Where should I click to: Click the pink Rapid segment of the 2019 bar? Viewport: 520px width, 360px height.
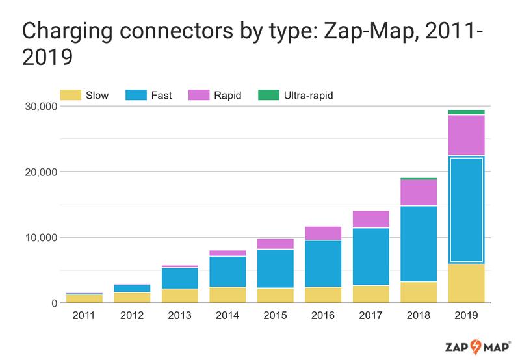point(465,135)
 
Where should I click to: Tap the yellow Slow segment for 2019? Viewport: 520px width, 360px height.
point(465,283)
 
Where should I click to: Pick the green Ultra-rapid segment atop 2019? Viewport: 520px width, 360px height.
point(465,112)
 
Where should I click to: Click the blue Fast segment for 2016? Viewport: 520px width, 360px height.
point(323,264)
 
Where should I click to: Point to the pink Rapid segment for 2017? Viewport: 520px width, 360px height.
point(370,219)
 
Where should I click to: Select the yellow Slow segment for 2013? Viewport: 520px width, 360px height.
point(181,296)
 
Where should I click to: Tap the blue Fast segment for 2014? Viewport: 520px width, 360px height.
point(228,272)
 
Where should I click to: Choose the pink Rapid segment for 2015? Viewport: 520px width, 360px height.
point(276,244)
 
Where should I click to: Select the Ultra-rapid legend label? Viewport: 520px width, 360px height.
point(309,96)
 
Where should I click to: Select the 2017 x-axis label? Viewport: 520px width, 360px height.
point(370,316)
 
